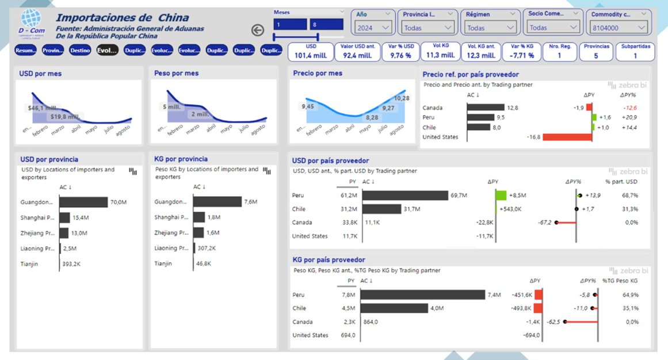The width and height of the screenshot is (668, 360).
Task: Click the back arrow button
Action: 258,30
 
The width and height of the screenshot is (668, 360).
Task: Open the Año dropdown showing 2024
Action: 372,27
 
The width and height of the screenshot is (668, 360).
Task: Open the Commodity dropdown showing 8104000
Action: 617,27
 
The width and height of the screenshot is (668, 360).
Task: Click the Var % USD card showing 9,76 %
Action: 400,52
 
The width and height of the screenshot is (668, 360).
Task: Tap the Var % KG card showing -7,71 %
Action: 521,52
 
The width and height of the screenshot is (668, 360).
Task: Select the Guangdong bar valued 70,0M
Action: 83,202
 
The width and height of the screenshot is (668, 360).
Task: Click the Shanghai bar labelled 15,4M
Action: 64,217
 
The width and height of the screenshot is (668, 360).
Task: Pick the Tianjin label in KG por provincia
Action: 163,263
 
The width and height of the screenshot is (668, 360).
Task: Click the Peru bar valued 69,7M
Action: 405,196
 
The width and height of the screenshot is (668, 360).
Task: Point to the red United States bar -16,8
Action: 567,137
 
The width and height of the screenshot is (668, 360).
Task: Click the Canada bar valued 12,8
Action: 485,108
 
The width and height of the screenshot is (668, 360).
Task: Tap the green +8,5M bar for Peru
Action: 501,196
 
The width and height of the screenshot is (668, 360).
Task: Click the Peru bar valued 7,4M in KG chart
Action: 423,294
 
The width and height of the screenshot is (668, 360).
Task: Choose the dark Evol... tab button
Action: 107,51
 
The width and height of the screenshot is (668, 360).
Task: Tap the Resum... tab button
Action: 26,51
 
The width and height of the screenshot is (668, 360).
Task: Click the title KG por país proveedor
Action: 329,260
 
